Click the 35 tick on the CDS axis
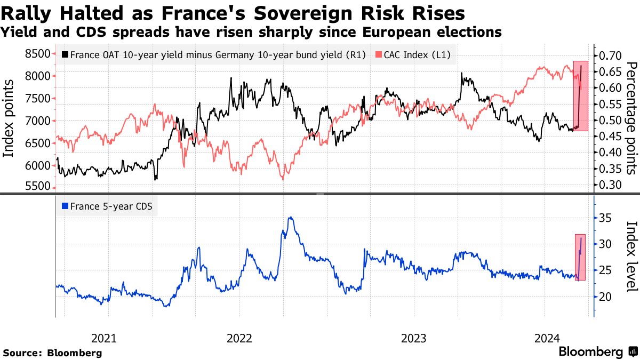coord(604,218)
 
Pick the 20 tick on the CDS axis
coord(604,297)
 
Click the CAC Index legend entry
coord(414,54)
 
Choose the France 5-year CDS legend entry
coord(107,206)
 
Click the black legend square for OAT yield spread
coord(65,54)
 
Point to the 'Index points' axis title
coord(9,118)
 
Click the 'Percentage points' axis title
coord(631,118)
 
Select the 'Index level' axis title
coord(631,256)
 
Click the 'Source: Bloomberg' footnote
coord(52,353)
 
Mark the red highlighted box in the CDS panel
coord(580,257)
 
